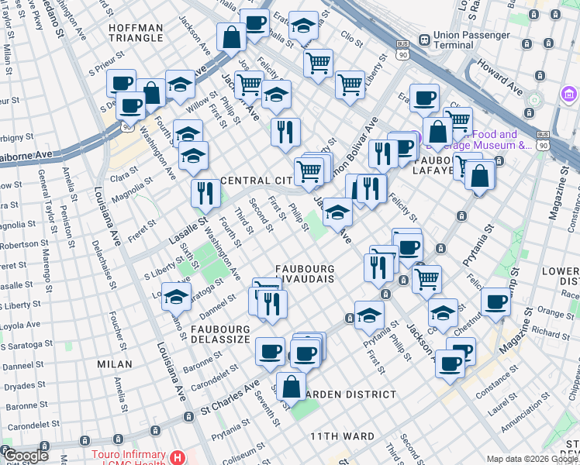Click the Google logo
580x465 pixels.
[26, 456]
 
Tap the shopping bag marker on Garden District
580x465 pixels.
[291, 385]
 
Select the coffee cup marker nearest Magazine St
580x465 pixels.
[495, 301]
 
